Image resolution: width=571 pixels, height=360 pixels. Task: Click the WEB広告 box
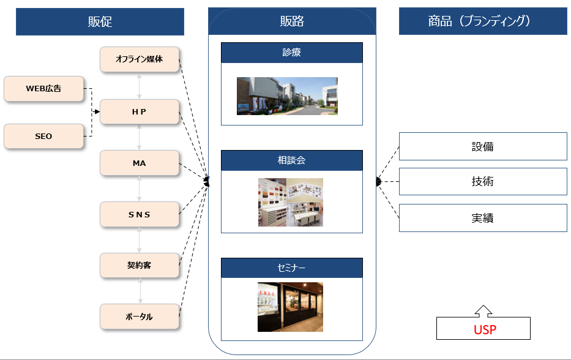pyautogui.click(x=43, y=89)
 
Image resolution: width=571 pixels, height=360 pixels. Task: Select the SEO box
pyautogui.click(x=43, y=136)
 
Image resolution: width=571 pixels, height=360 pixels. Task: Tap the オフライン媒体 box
pyautogui.click(x=140, y=59)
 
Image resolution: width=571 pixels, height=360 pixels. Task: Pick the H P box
pyautogui.click(x=140, y=111)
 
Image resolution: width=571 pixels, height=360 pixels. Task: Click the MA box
pyautogui.click(x=140, y=163)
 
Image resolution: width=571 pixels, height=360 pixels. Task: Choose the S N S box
pyautogui.click(x=140, y=214)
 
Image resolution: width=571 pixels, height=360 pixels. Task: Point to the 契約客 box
pyautogui.click(x=140, y=265)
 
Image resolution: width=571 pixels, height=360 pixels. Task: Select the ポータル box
pyautogui.click(x=140, y=317)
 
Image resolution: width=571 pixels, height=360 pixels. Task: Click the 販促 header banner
pyautogui.click(x=100, y=21)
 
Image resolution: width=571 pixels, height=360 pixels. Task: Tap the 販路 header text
pyautogui.click(x=292, y=21)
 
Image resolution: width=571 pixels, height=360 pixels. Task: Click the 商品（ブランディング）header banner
pyautogui.click(x=483, y=21)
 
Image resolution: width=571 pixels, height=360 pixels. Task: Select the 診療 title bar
pyautogui.click(x=292, y=53)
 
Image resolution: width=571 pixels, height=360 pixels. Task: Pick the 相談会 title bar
pyautogui.click(x=292, y=160)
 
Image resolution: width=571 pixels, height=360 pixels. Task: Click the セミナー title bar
pyautogui.click(x=292, y=268)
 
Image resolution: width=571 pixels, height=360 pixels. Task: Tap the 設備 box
pyautogui.click(x=483, y=146)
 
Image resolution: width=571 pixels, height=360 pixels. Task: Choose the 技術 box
pyautogui.click(x=483, y=181)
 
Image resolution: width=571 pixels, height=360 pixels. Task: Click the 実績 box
pyautogui.click(x=483, y=218)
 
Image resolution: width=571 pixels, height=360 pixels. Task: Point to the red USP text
pyautogui.click(x=485, y=330)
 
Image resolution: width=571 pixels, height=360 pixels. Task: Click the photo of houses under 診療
pyautogui.click(x=287, y=96)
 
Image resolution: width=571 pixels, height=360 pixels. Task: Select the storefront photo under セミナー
pyautogui.click(x=290, y=307)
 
